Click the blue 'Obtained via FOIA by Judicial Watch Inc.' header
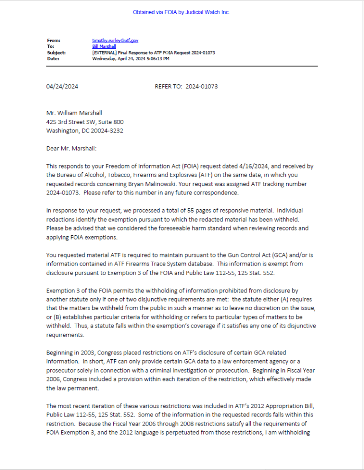click(x=181, y=12)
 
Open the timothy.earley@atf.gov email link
click(x=115, y=41)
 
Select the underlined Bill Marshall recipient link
click(x=104, y=46)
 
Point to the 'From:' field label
click(x=54, y=41)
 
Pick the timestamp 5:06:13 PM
click(x=157, y=59)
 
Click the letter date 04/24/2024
click(x=62, y=87)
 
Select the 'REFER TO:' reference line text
click(x=168, y=87)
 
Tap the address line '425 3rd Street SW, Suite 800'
click(x=85, y=122)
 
